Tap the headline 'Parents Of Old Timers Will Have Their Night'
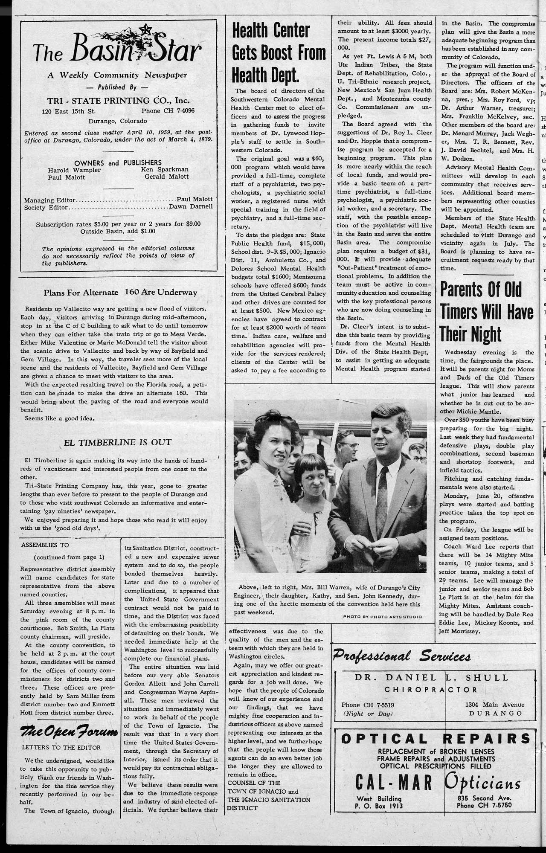click(486, 311)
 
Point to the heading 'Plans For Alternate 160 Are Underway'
click(120, 293)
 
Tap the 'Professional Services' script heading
click(402, 656)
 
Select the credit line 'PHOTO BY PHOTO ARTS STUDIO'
click(382, 617)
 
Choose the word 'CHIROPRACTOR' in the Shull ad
click(431, 690)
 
